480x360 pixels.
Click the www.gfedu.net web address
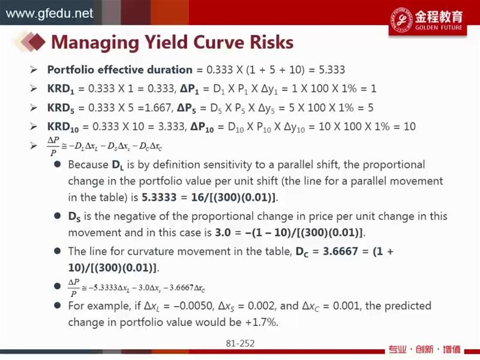[50, 13]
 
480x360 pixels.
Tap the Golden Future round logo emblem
[401, 20]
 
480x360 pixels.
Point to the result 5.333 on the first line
[332, 70]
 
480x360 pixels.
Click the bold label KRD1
[61, 89]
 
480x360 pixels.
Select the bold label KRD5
[61, 108]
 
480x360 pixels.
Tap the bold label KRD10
[63, 127]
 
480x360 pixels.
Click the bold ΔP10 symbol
[202, 127]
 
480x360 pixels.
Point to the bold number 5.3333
[159, 197]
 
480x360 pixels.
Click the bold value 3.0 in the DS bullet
[223, 232]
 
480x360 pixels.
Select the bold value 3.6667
[340, 251]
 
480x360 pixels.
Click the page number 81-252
[240, 343]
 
